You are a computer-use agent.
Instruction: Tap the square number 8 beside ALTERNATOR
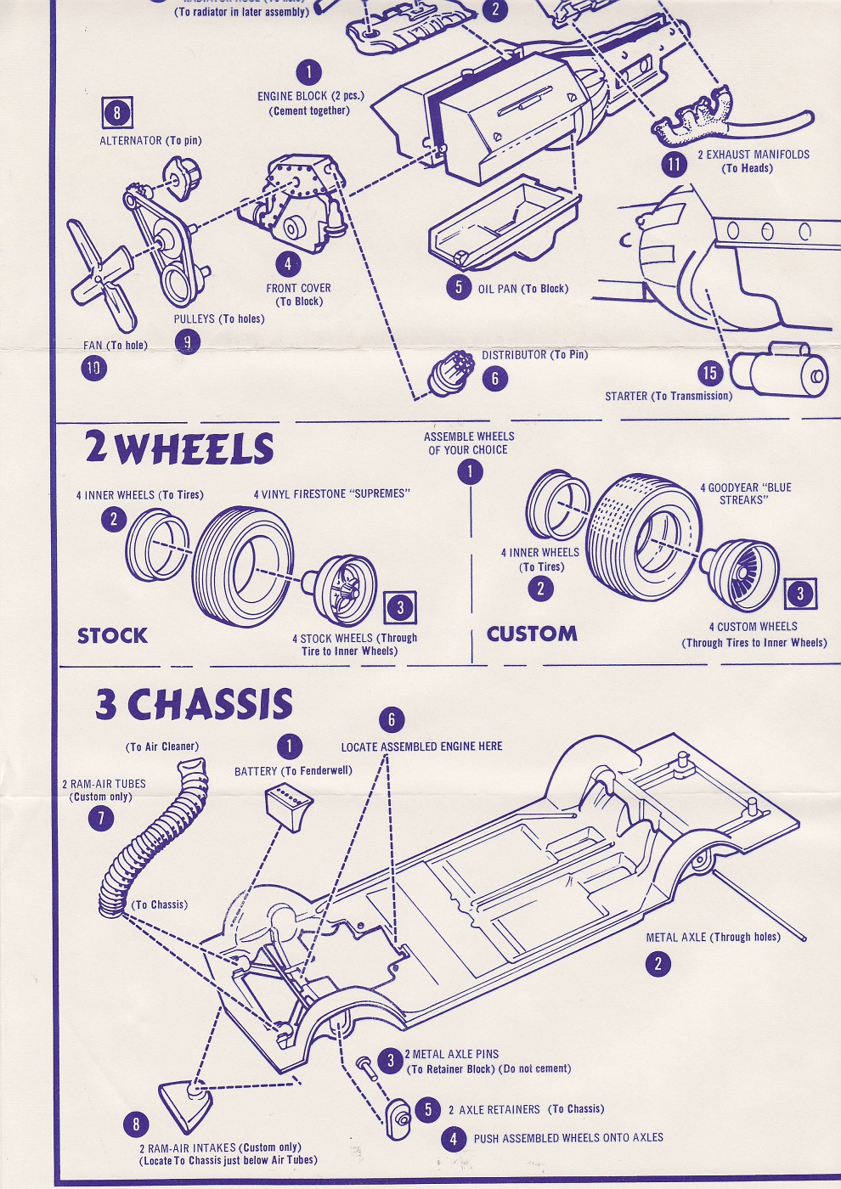click(117, 113)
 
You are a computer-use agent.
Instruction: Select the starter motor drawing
click(779, 370)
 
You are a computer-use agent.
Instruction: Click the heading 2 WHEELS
click(179, 448)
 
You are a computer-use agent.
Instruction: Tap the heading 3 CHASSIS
click(195, 704)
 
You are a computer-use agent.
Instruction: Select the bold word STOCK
click(112, 635)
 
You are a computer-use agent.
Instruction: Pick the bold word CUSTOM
click(532, 634)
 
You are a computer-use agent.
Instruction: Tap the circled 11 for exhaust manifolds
click(674, 163)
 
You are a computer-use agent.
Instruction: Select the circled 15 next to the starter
click(709, 372)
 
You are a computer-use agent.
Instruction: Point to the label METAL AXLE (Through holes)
click(713, 937)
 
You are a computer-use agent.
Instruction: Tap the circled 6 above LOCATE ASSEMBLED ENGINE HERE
click(391, 720)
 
